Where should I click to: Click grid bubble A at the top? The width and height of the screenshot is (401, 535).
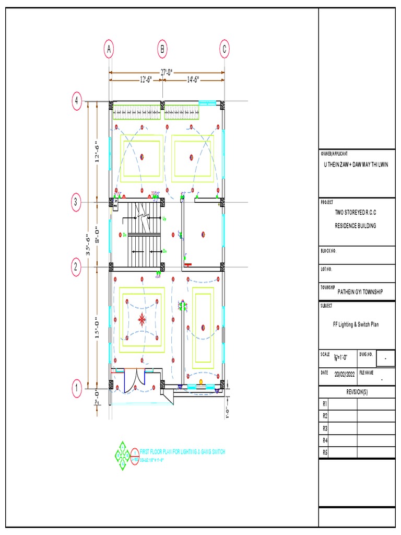tap(109, 49)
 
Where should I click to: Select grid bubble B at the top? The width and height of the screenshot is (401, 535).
tap(162, 49)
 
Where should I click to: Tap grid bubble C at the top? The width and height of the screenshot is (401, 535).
tap(224, 49)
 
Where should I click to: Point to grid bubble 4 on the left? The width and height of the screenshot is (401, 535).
tap(77, 100)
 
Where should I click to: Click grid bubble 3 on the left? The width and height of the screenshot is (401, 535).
tap(77, 202)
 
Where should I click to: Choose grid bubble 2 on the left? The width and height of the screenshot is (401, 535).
tap(77, 267)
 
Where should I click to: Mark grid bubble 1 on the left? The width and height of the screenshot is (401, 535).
tap(77, 388)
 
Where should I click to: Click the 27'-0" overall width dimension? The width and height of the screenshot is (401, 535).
tap(167, 72)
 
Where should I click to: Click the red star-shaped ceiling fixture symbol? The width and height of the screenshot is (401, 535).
tap(141, 319)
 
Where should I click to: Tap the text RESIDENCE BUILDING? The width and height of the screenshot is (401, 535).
tap(355, 226)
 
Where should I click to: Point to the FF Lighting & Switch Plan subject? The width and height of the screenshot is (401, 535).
tap(356, 324)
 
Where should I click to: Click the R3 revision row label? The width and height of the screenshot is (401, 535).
tap(325, 428)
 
